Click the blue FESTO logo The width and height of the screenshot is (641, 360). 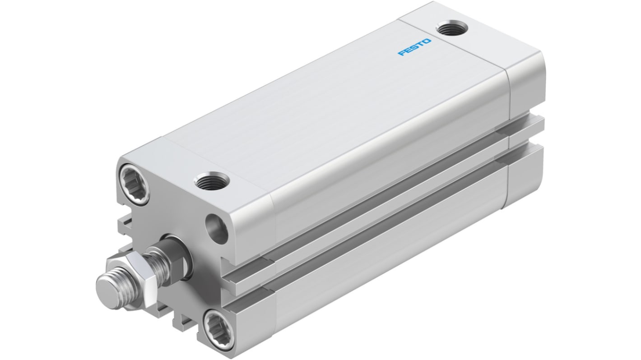[414, 47]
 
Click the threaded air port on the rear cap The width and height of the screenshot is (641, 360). [452, 30]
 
